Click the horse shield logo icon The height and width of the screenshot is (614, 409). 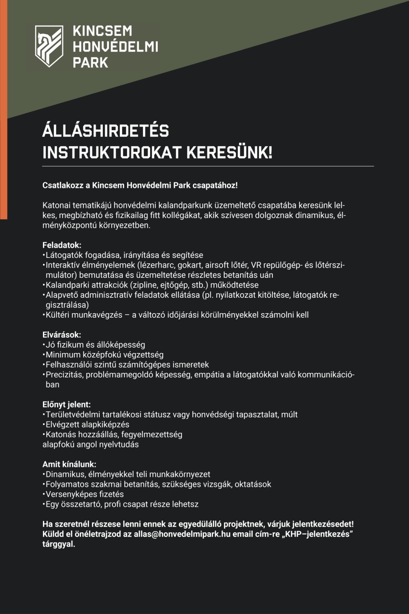click(49, 46)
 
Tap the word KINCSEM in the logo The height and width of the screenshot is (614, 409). click(97, 31)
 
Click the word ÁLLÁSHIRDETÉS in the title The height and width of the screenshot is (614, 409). click(106, 131)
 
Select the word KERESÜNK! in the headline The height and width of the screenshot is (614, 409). click(229, 153)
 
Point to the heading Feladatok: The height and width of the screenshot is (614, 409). click(62, 245)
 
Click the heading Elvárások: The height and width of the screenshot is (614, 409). click(62, 335)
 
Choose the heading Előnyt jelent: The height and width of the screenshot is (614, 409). click(66, 404)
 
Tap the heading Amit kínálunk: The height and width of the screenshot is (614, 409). click(69, 464)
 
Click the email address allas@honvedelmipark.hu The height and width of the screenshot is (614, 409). click(182, 534)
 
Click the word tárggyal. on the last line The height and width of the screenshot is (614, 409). click(59, 544)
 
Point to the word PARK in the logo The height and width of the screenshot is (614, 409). click(91, 62)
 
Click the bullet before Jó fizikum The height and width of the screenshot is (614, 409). click(44, 345)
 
